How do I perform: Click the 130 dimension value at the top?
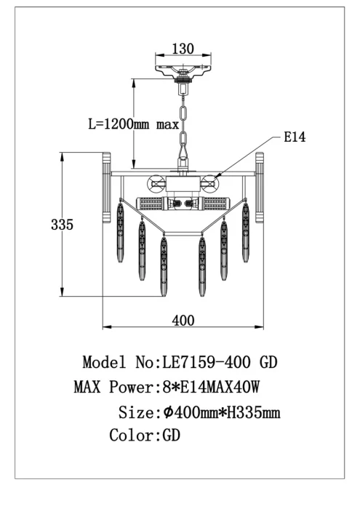(x=183, y=49)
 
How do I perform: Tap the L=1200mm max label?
(x=134, y=124)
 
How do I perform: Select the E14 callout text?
(x=295, y=137)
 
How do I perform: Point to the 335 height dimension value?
(x=62, y=224)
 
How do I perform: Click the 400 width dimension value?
(x=183, y=321)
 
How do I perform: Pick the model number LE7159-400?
(x=206, y=362)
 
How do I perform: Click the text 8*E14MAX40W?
(x=211, y=387)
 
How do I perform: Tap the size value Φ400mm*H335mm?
(x=222, y=412)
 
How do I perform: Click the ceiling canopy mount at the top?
(x=183, y=71)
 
